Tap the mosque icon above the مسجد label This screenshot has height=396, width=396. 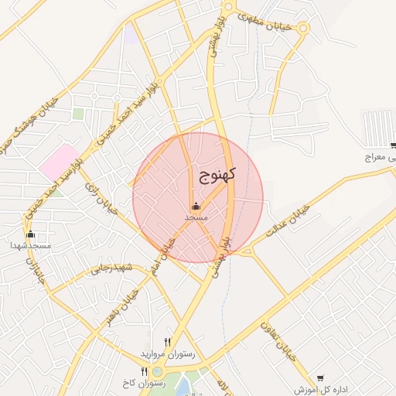pyautogui.click(x=196, y=206)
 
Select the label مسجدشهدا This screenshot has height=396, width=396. pyautogui.click(x=31, y=245)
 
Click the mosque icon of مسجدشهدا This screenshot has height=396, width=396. pyautogui.click(x=31, y=234)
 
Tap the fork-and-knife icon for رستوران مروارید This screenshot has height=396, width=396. pyautogui.click(x=168, y=341)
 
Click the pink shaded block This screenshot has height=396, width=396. pyautogui.click(x=60, y=160)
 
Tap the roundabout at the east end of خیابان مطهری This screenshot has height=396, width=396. pyautogui.click(x=302, y=29)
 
